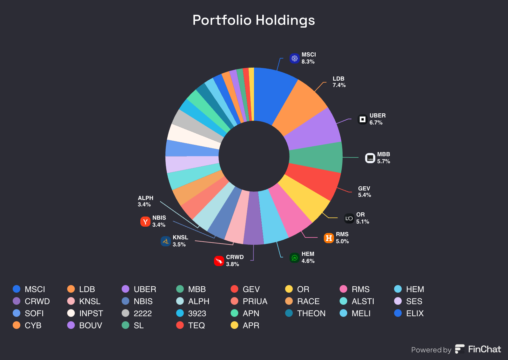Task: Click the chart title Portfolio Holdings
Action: click(x=254, y=20)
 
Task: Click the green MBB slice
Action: click(x=316, y=157)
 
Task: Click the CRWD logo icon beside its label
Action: click(x=219, y=261)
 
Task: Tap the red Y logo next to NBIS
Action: click(x=145, y=221)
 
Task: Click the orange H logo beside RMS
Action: click(x=329, y=238)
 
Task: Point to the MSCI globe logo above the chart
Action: click(x=295, y=58)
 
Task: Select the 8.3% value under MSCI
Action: click(x=308, y=62)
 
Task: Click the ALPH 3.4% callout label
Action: click(x=145, y=201)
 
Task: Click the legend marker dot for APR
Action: click(x=234, y=325)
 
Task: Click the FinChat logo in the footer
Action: click(x=478, y=349)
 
